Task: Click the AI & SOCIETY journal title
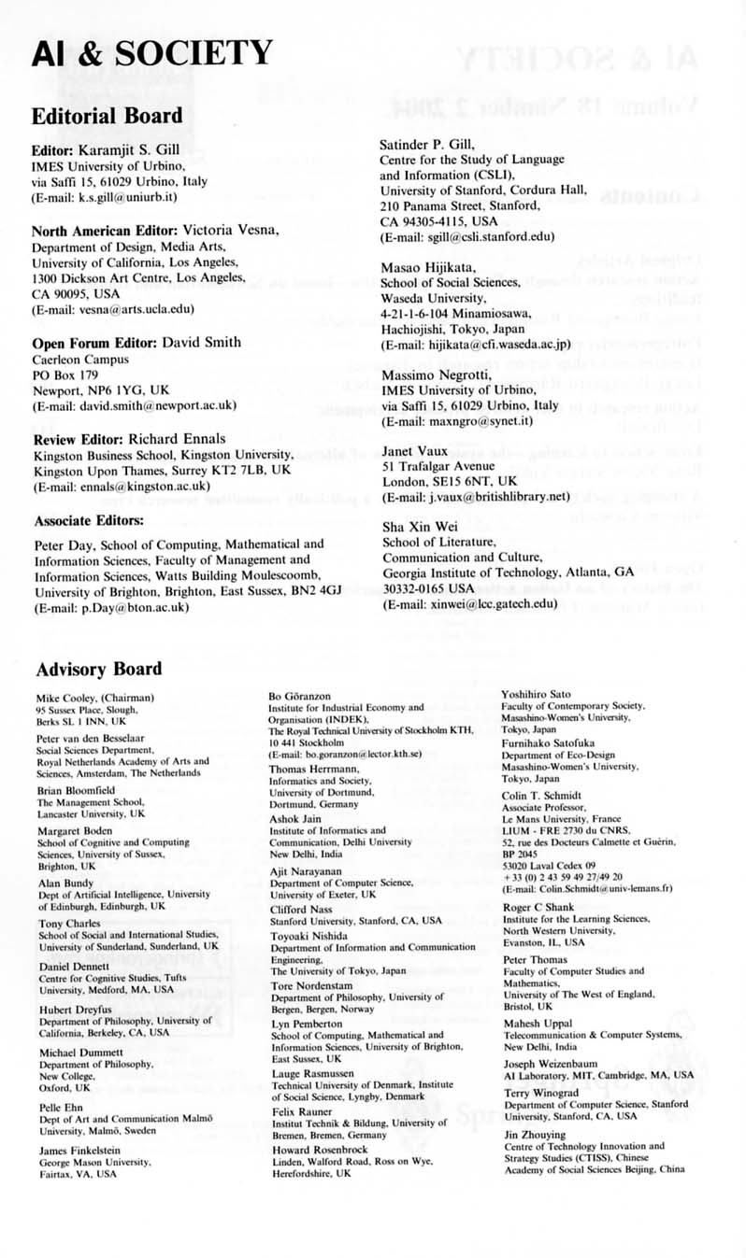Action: point(151,54)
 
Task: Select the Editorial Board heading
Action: point(107,116)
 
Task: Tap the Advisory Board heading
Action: point(98,669)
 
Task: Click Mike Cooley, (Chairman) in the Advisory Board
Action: point(95,698)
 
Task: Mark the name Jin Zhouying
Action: point(534,1135)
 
